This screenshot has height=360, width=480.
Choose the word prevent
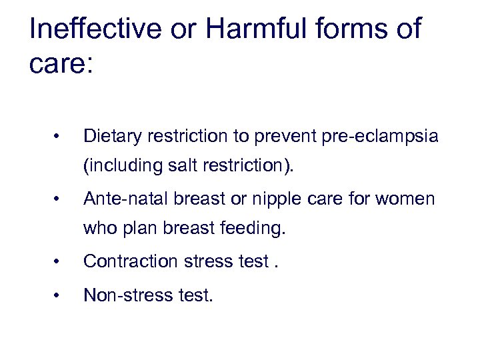pyautogui.click(x=283, y=137)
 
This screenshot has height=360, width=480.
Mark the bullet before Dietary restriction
pyautogui.click(x=59, y=137)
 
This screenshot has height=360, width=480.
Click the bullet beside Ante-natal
pyautogui.click(x=59, y=199)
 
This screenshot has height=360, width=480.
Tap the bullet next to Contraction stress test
pyautogui.click(x=59, y=261)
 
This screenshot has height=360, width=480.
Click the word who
pyautogui.click(x=97, y=229)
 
